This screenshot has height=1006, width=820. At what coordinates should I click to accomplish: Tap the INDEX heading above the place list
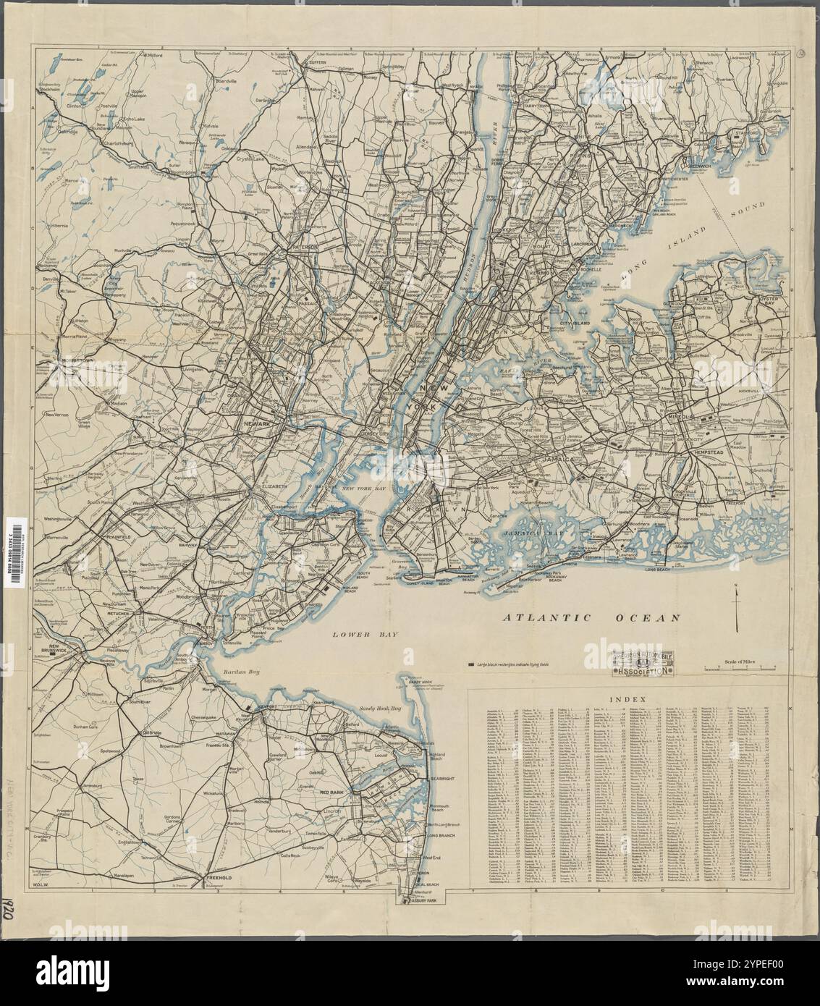625,700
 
